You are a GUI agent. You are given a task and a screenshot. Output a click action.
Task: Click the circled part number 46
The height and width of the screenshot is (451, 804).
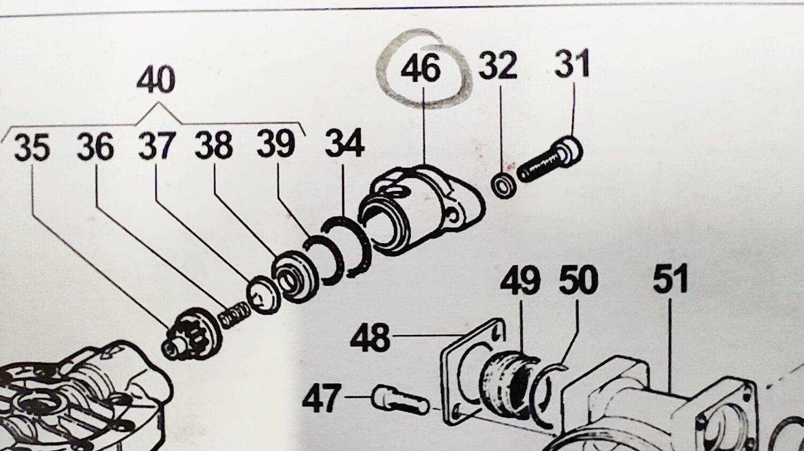pyautogui.click(x=421, y=69)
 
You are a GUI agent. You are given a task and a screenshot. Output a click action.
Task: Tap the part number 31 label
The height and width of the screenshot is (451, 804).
pyautogui.click(x=572, y=64)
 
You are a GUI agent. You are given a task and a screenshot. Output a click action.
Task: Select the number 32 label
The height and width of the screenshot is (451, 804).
pyautogui.click(x=498, y=65)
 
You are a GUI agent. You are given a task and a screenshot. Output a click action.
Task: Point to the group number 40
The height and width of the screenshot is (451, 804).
pyautogui.click(x=155, y=80)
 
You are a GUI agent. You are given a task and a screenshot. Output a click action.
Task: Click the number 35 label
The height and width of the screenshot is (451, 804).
pyautogui.click(x=32, y=147)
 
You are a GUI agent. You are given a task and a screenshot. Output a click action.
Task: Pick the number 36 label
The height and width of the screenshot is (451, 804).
pyautogui.click(x=95, y=147)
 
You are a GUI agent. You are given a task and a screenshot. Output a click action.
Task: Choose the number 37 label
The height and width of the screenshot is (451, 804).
pyautogui.click(x=157, y=146)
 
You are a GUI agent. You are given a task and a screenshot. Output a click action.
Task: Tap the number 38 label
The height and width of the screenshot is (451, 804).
pyautogui.click(x=213, y=145)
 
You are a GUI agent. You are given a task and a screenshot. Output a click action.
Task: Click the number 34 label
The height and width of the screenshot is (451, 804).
pyautogui.click(x=345, y=143)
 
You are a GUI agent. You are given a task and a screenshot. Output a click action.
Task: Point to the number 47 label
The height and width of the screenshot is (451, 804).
pyautogui.click(x=322, y=399)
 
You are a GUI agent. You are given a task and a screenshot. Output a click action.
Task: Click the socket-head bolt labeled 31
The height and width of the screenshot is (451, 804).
pyautogui.click(x=549, y=161)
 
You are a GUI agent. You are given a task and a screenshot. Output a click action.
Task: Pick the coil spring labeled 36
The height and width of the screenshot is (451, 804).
pyautogui.click(x=234, y=314)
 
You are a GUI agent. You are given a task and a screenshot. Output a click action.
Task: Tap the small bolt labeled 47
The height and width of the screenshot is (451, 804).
pyautogui.click(x=399, y=401)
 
